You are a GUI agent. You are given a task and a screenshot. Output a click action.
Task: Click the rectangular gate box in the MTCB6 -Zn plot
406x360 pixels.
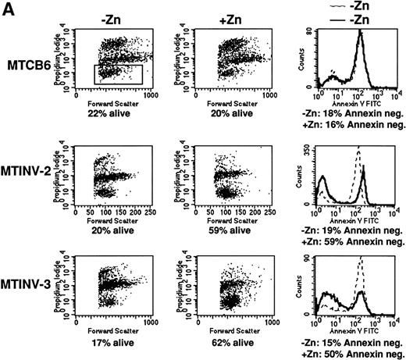pyautogui.click(x=117, y=74)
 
